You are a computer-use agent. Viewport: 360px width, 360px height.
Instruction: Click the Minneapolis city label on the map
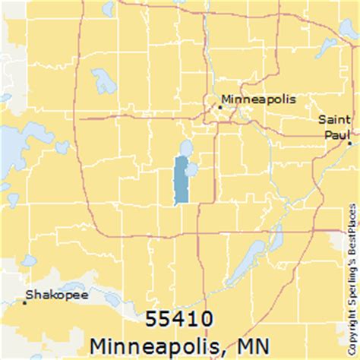(x=257, y=99)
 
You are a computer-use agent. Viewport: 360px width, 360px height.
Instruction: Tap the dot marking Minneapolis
(x=220, y=107)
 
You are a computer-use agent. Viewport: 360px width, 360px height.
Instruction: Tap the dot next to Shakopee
(x=25, y=302)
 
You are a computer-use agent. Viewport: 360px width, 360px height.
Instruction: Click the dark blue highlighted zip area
(x=181, y=181)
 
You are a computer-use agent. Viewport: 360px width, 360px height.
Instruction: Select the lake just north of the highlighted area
(x=184, y=147)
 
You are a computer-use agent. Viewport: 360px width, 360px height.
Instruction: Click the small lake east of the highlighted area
(x=193, y=168)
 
